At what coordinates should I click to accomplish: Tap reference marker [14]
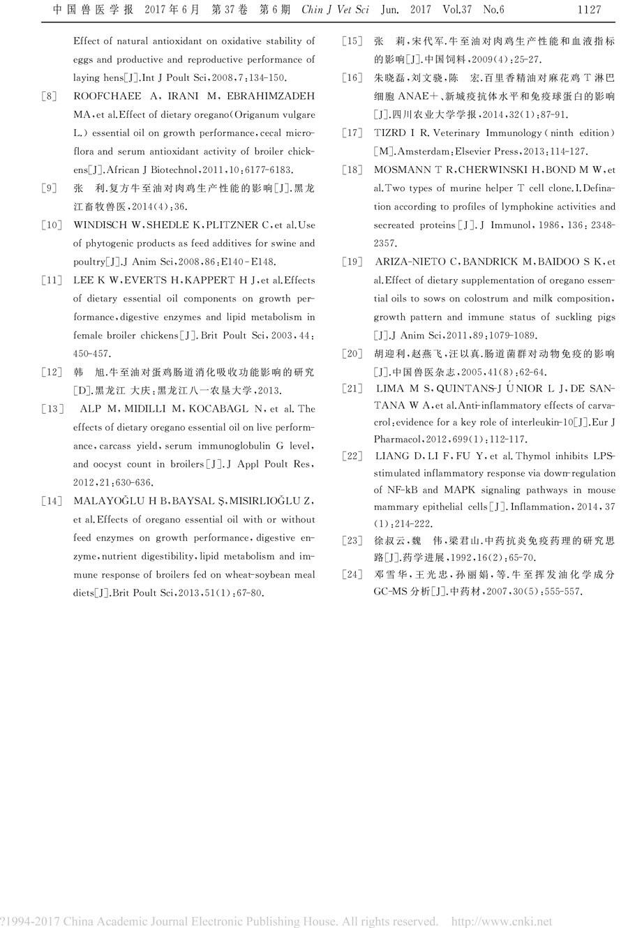pos(52,501)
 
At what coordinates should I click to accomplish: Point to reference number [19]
pos(352,262)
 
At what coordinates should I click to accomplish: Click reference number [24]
pos(352,574)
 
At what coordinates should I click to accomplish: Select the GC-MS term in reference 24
pos(391,592)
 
